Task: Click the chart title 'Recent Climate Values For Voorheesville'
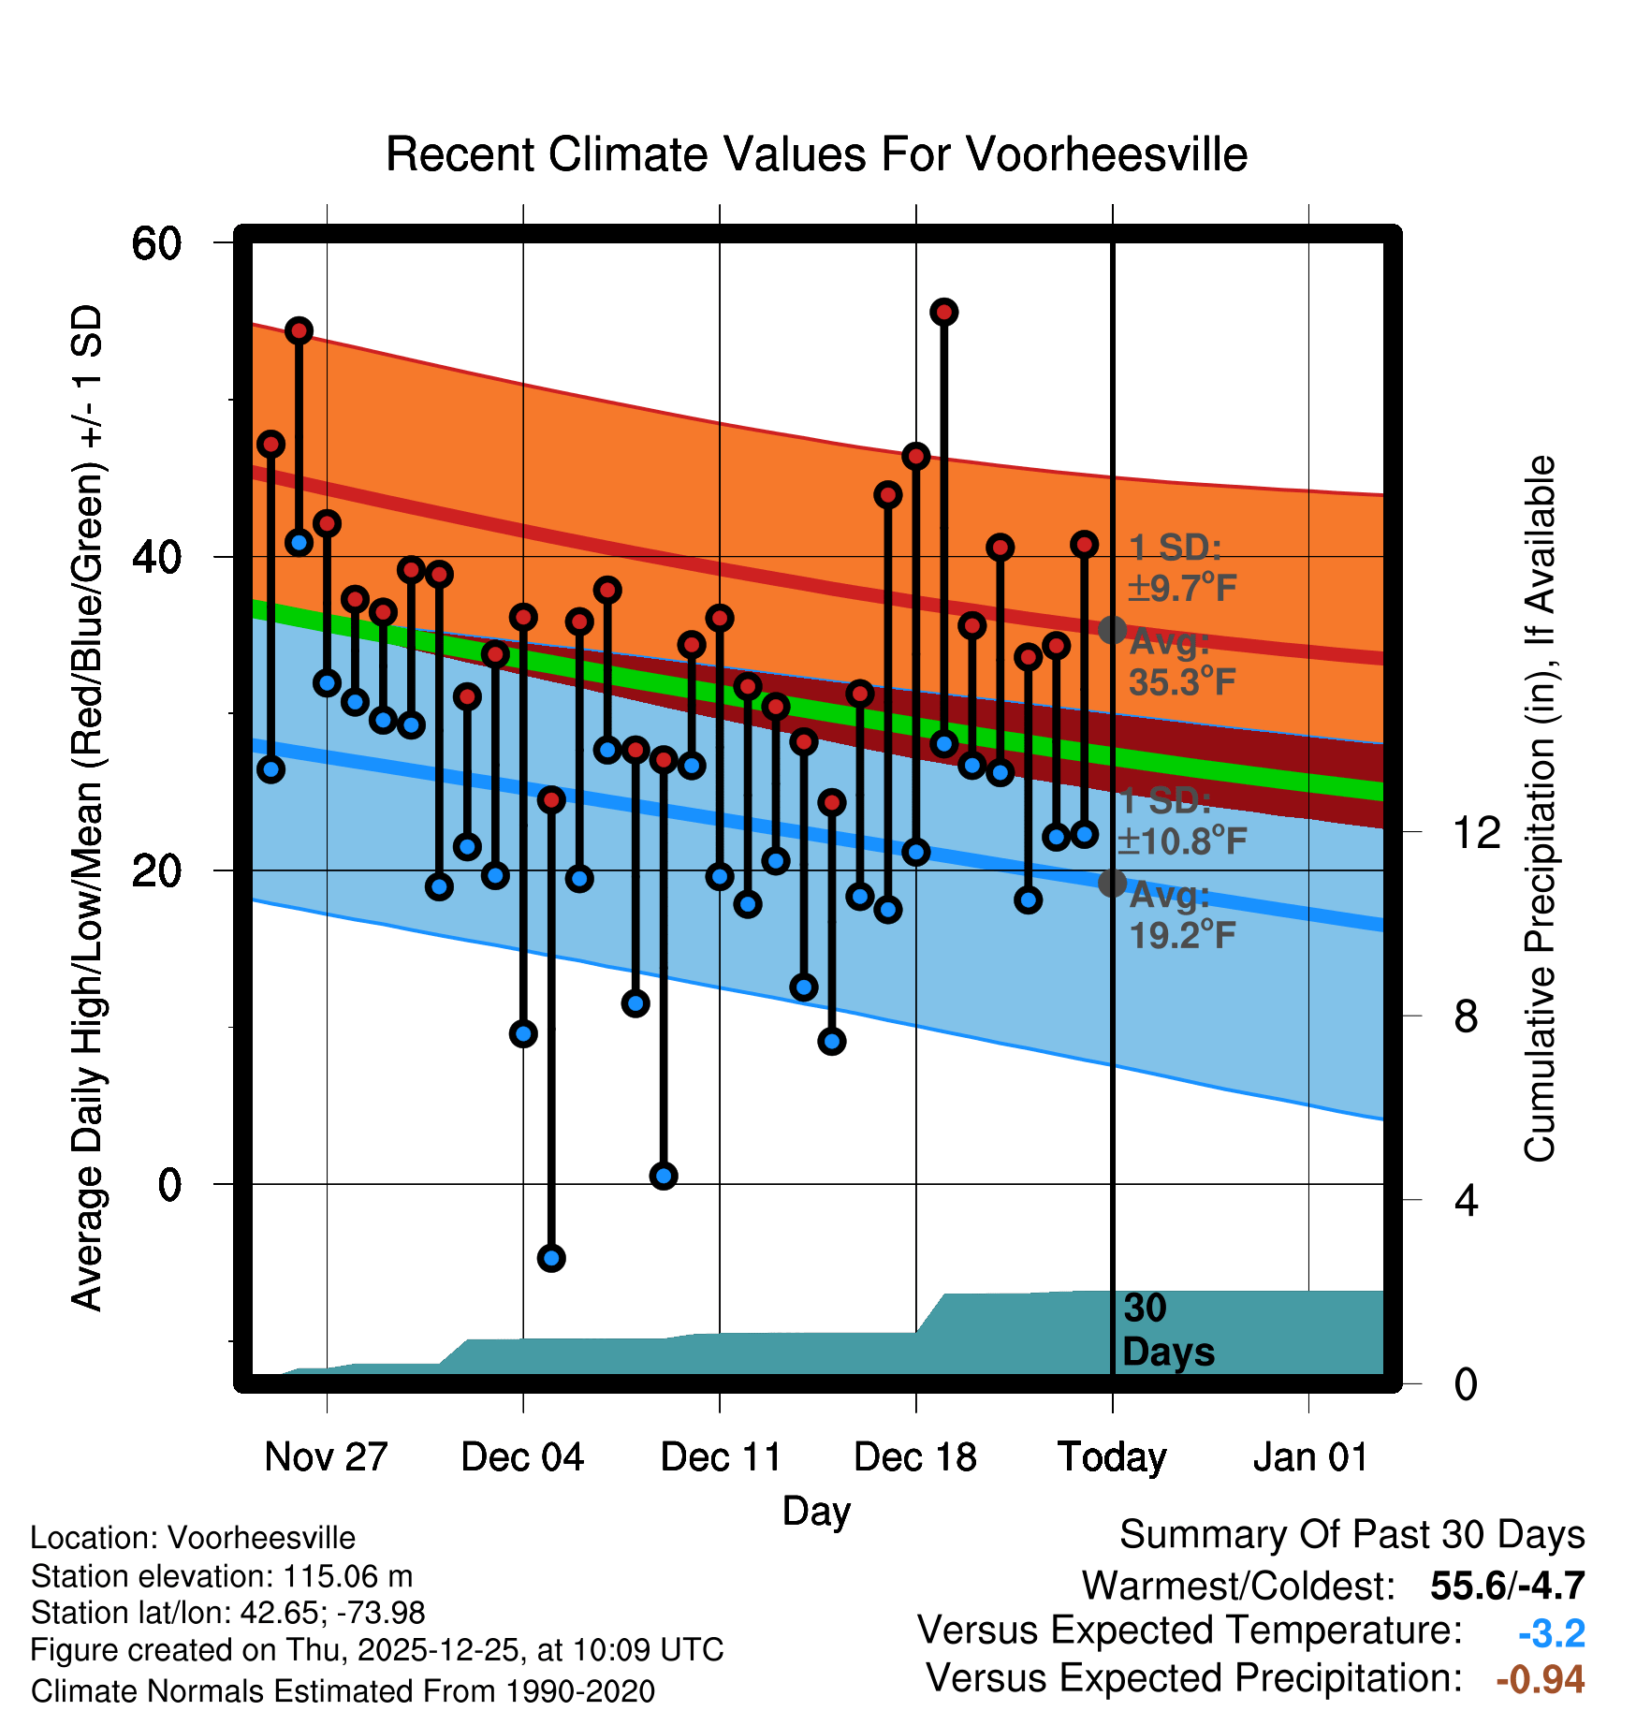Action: point(816,154)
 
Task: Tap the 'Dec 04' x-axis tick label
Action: point(522,1457)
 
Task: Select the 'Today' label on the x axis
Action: point(1112,1457)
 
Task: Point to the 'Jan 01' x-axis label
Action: point(1309,1457)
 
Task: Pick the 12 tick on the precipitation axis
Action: point(1477,832)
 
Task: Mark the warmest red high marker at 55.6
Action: point(943,312)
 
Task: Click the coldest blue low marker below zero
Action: point(551,1258)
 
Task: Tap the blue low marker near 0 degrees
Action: point(664,1176)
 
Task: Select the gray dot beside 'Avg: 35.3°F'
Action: point(1112,630)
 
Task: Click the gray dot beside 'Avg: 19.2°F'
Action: point(1112,883)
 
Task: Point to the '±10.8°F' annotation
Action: point(1182,841)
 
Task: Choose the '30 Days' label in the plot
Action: point(1167,1330)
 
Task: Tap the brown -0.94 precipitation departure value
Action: point(1540,1679)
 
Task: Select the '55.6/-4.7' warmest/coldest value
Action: point(1507,1586)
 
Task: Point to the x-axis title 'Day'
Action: point(816,1511)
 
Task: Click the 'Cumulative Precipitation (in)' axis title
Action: point(1540,809)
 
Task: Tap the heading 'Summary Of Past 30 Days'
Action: point(1351,1535)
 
